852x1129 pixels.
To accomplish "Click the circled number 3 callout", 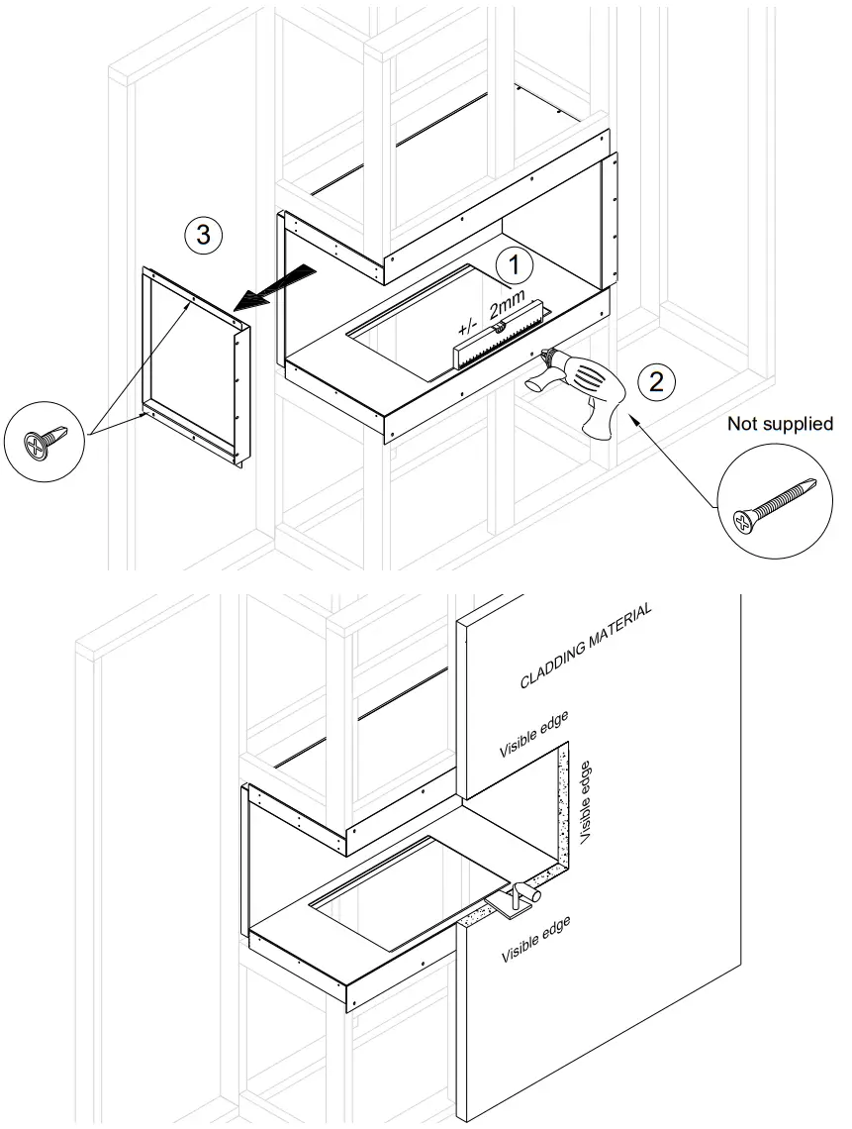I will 203,236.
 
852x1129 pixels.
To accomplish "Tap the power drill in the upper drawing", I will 583,391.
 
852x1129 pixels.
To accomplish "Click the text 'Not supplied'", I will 780,424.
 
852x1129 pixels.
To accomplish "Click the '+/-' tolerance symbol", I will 468,325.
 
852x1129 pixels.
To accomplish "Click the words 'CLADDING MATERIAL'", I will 586,646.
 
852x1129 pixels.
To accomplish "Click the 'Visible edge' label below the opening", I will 535,941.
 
